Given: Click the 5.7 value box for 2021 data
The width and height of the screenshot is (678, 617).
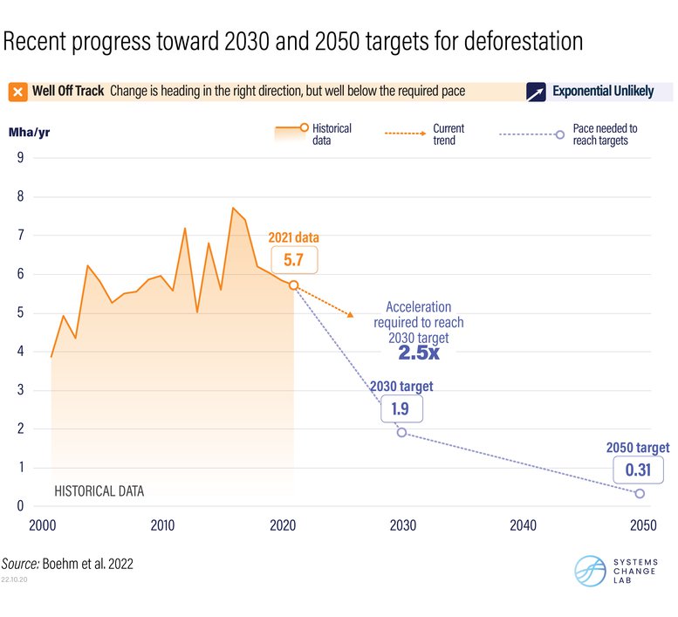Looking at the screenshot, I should (x=293, y=259).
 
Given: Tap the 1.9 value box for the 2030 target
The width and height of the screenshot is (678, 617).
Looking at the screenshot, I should (x=401, y=408).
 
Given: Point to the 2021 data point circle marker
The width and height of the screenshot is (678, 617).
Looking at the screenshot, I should (x=293, y=285).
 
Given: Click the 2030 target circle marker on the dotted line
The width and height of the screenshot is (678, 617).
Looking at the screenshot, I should (x=401, y=432).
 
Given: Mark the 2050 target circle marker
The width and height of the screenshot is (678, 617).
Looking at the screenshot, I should (x=640, y=494).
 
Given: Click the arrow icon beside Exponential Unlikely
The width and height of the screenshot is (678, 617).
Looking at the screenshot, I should (x=536, y=92).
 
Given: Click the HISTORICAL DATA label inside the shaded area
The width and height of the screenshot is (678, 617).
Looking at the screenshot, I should (x=99, y=491).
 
